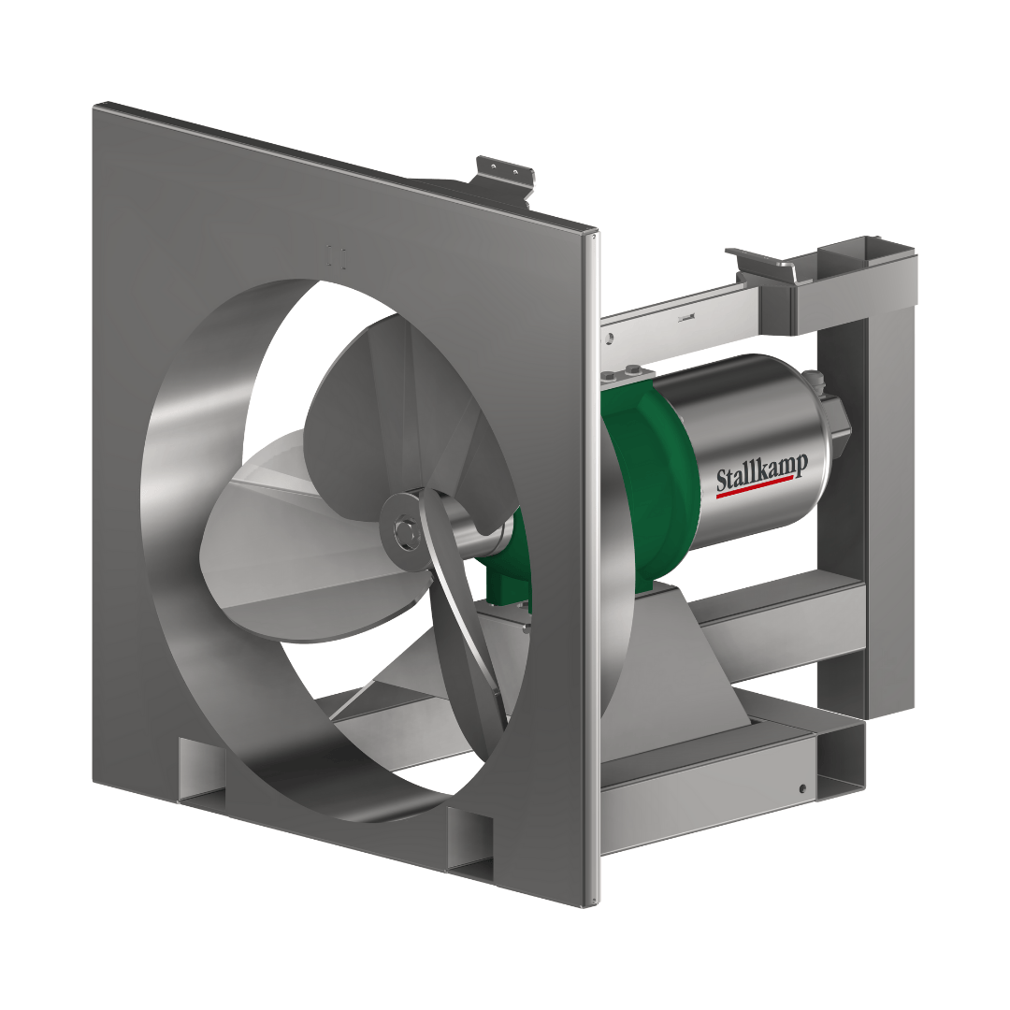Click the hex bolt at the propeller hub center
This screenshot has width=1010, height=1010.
pos(403,532)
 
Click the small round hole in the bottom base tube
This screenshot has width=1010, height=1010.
pos(802,788)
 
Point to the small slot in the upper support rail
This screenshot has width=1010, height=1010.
pos(687,319)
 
